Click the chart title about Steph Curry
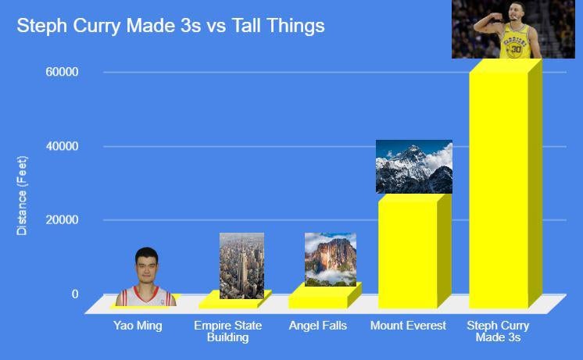(170, 26)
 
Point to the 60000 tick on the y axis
(63, 72)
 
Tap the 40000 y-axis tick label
(63, 146)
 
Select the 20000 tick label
(63, 220)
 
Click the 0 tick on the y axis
(75, 294)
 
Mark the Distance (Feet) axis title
(22, 196)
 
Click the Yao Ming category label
(138, 326)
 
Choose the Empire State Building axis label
(227, 331)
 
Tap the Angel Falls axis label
(317, 326)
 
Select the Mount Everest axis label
(408, 326)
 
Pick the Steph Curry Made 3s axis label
(498, 331)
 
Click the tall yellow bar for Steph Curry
(498, 187)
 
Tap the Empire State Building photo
(241, 265)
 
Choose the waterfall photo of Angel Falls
(330, 258)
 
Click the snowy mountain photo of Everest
(413, 166)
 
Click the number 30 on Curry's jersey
(516, 48)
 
